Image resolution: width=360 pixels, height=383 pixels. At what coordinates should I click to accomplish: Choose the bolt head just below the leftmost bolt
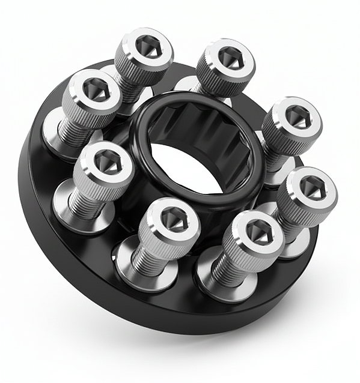106,162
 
